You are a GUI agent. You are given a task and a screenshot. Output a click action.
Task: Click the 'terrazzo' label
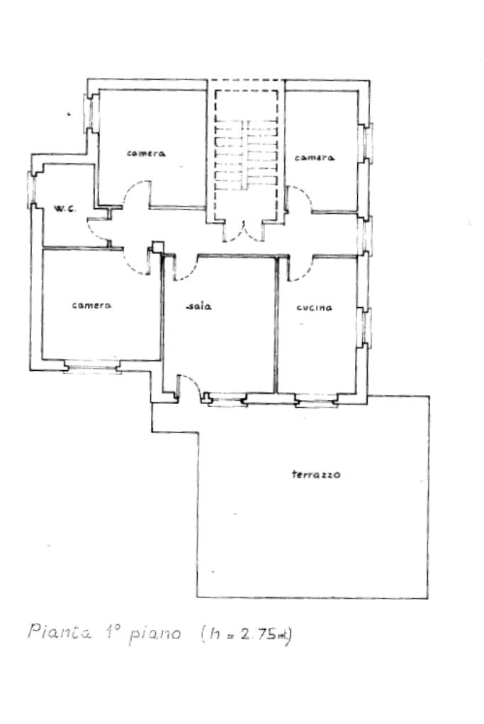[x=316, y=474]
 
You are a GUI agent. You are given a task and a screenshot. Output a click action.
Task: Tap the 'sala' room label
[x=201, y=306]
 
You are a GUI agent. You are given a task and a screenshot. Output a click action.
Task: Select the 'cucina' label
[x=315, y=308]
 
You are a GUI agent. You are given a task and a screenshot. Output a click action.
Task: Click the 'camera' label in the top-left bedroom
[x=147, y=154]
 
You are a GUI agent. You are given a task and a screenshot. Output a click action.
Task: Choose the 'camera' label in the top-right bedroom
[x=314, y=158]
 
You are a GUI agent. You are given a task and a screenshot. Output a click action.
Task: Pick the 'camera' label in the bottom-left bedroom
[x=92, y=305]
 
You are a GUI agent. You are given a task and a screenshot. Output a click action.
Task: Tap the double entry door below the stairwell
[x=243, y=231]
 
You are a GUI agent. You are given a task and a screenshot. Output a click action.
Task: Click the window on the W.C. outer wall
[x=31, y=189]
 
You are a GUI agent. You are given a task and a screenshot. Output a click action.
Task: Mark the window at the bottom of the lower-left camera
[x=91, y=366]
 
